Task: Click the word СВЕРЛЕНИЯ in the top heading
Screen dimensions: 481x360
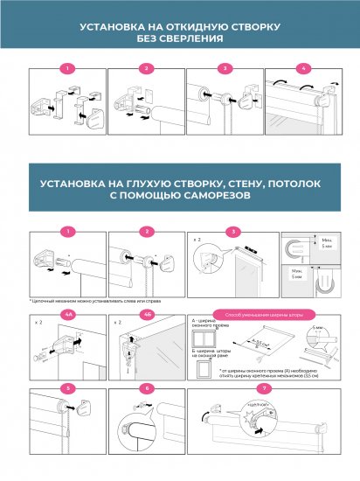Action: pyautogui.click(x=190, y=39)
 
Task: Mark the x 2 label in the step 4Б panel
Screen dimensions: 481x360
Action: pyautogui.click(x=115, y=322)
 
